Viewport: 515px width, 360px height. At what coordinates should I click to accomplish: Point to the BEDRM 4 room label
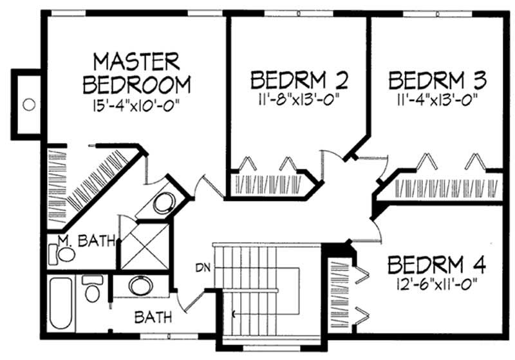[436, 265]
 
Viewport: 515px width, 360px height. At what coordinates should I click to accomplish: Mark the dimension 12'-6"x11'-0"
[436, 283]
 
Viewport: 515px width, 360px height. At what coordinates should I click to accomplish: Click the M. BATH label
[86, 242]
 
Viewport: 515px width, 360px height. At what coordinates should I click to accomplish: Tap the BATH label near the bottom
[153, 317]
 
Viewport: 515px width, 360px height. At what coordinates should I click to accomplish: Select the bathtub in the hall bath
[63, 304]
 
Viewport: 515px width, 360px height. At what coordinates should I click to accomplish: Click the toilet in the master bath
[64, 254]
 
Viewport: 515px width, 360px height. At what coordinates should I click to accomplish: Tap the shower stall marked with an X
[143, 245]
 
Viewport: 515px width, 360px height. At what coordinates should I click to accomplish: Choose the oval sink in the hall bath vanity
[140, 285]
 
